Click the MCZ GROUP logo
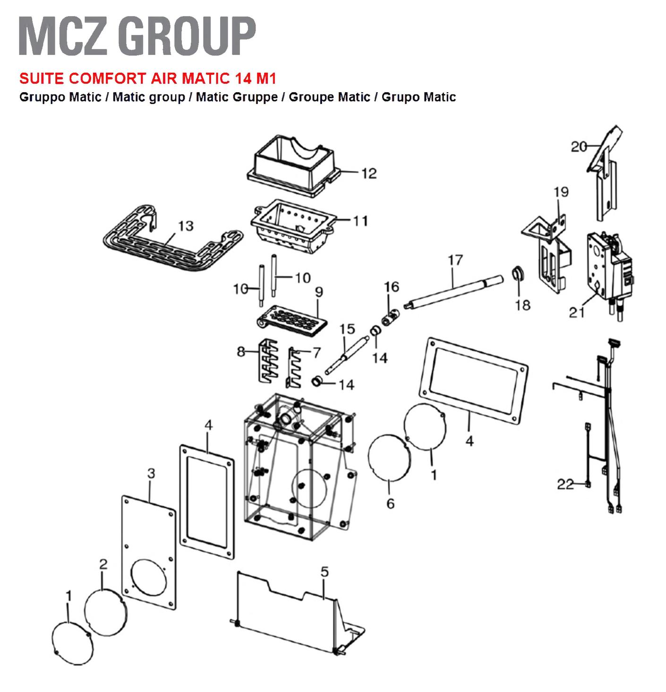[x=137, y=35]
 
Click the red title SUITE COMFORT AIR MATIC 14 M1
[x=148, y=78]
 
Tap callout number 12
[x=369, y=173]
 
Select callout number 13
[x=186, y=226]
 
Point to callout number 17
[x=455, y=260]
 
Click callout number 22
[x=565, y=484]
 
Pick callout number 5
[x=324, y=571]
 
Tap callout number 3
[x=151, y=473]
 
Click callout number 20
[x=579, y=147]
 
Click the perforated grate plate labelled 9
[x=292, y=320]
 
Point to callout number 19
[x=561, y=192]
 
